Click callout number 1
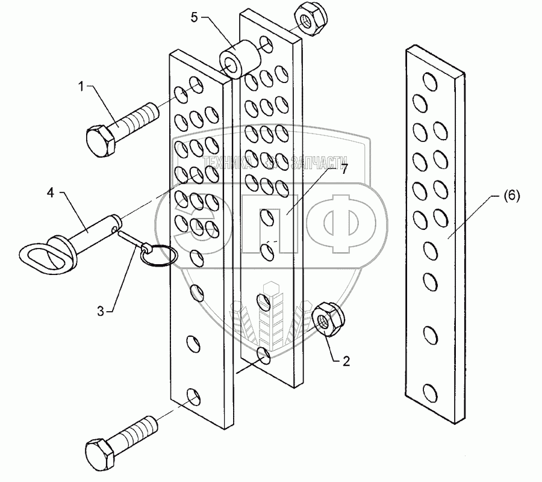pyautogui.click(x=80, y=87)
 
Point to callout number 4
pyautogui.click(x=51, y=193)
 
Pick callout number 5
pyautogui.click(x=194, y=17)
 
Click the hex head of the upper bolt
pyautogui.click(x=101, y=140)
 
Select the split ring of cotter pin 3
pyautogui.click(x=158, y=255)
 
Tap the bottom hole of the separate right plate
pyautogui.click(x=429, y=393)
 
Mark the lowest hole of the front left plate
pyautogui.click(x=193, y=396)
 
